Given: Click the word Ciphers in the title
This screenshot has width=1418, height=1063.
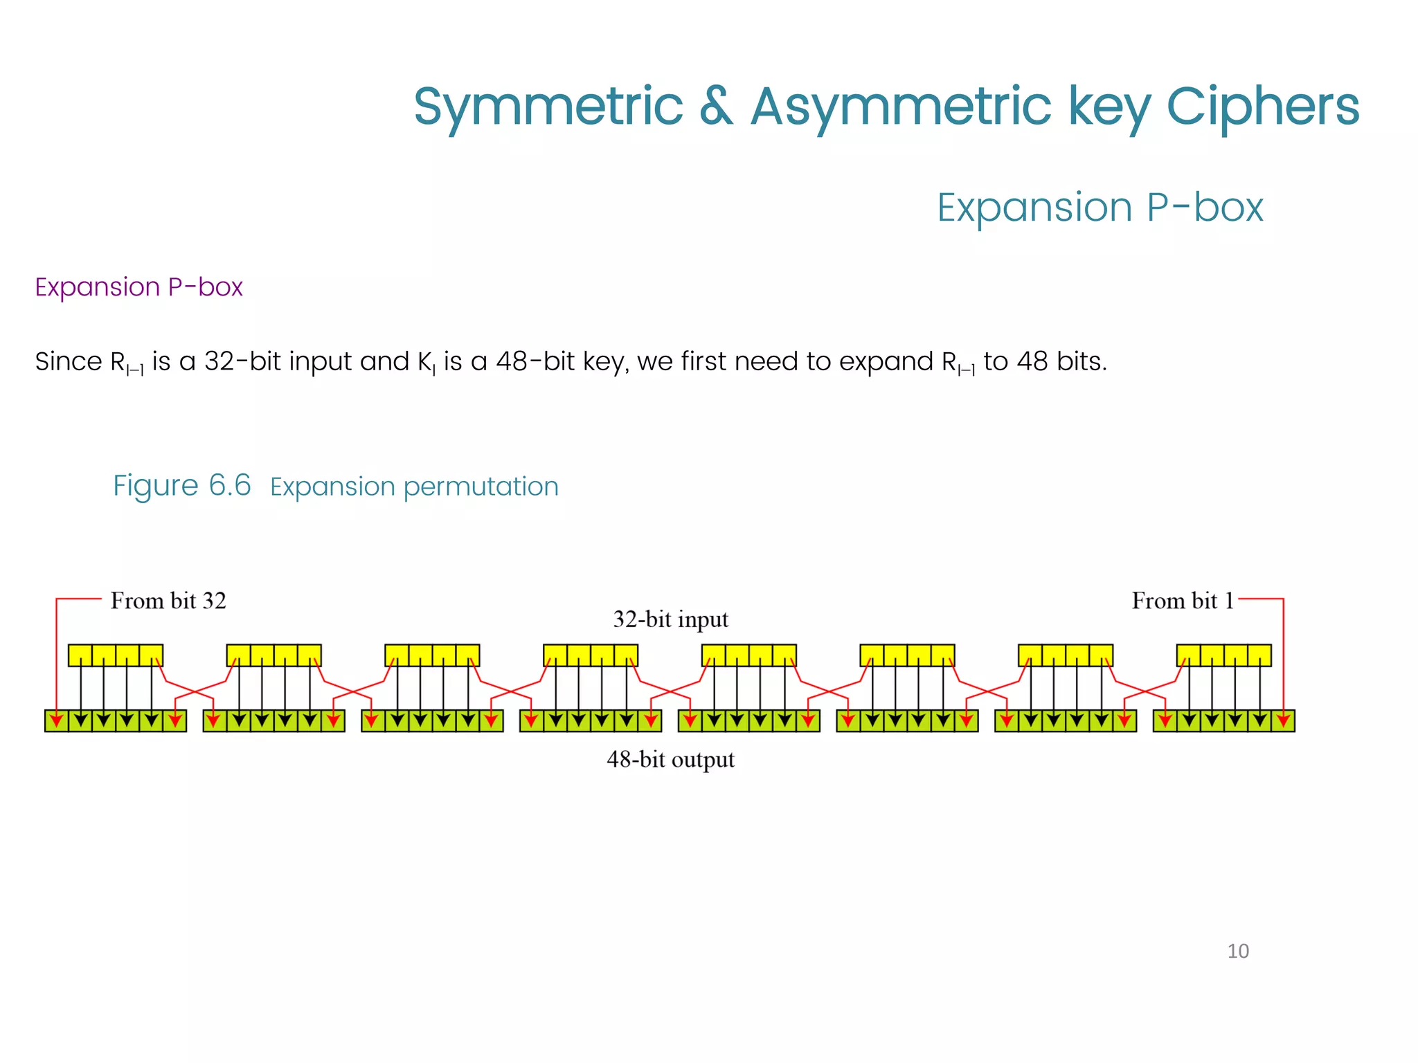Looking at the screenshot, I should coord(1263,107).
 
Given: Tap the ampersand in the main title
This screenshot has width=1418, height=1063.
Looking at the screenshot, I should coord(716,107).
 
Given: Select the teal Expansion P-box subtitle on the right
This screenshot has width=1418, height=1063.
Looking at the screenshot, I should coord(1100,207).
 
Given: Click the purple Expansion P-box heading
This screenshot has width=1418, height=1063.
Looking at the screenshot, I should coord(138,287).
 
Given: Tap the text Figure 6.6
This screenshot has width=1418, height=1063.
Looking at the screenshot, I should coord(181,486).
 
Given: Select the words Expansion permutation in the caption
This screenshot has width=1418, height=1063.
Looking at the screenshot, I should coord(414,487).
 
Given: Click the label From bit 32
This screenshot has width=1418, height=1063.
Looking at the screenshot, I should coord(168,601).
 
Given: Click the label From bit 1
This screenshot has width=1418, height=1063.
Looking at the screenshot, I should coord(1183,601).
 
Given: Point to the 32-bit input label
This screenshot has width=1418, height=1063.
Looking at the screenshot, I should coord(670,619).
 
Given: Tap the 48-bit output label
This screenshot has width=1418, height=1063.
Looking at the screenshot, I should coord(670,760).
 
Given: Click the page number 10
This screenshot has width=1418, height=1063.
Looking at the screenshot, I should coord(1238,951).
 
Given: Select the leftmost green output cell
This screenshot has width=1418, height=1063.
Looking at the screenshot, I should coord(57,721).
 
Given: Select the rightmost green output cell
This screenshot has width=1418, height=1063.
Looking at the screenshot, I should coord(1283,721).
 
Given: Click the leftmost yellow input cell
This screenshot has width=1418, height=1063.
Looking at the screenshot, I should coord(80,655).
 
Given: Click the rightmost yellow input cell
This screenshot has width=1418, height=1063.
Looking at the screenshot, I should coord(1259,655).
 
